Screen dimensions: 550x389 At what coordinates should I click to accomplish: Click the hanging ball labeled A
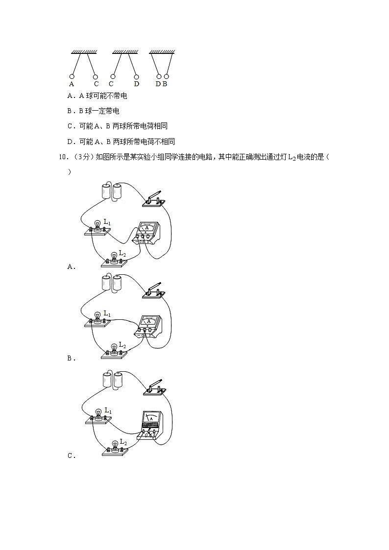[x=72, y=76]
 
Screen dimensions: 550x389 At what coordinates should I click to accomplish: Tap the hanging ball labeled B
[x=167, y=76]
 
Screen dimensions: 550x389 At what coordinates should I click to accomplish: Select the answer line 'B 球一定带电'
[x=93, y=111]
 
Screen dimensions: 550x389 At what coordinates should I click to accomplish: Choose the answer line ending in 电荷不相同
[x=121, y=142]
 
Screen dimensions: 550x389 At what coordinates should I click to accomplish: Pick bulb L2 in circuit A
[x=114, y=257]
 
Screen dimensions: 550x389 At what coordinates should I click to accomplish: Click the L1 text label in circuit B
[x=107, y=314]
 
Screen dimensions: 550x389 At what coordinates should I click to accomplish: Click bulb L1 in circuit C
[x=98, y=415]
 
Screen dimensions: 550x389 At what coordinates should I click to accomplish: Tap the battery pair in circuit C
[x=111, y=380]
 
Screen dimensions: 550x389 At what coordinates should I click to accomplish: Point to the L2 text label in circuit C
[x=123, y=442]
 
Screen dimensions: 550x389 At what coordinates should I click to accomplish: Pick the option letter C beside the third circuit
[x=70, y=456]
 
